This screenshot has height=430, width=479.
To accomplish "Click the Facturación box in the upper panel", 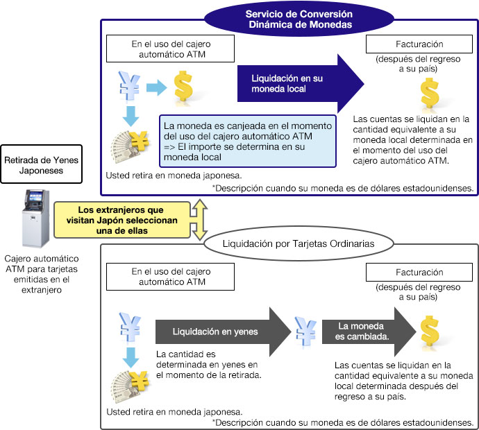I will point(409,44).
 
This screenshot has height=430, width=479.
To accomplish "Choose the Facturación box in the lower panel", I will point(409,273).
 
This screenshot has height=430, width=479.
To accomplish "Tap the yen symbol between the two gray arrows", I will point(306,332).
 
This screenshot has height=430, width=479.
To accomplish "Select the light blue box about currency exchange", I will point(249,141).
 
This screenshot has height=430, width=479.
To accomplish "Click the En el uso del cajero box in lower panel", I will point(169,277).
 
